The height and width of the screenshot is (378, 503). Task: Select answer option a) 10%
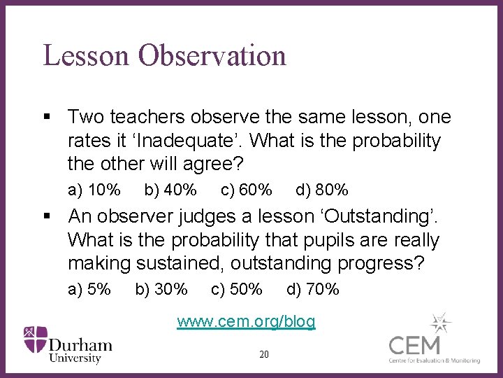tap(94, 190)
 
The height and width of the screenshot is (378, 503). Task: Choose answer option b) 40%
tap(170, 190)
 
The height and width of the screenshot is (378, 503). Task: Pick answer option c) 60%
tap(246, 190)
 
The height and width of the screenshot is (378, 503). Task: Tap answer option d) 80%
tap(322, 190)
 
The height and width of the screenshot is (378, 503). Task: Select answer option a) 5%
tap(89, 289)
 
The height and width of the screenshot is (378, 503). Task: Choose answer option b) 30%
tap(161, 289)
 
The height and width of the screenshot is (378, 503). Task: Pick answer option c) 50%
tap(236, 289)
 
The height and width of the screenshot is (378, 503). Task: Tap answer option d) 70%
tap(313, 289)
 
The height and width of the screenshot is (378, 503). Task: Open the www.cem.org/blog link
tap(246, 322)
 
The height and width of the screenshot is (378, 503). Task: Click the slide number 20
tap(263, 354)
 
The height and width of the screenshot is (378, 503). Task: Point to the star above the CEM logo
tap(440, 323)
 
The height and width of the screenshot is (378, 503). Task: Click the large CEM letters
tap(415, 345)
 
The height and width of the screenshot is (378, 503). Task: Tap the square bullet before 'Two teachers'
tap(47, 117)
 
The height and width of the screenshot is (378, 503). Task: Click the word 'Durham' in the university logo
tap(80, 344)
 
